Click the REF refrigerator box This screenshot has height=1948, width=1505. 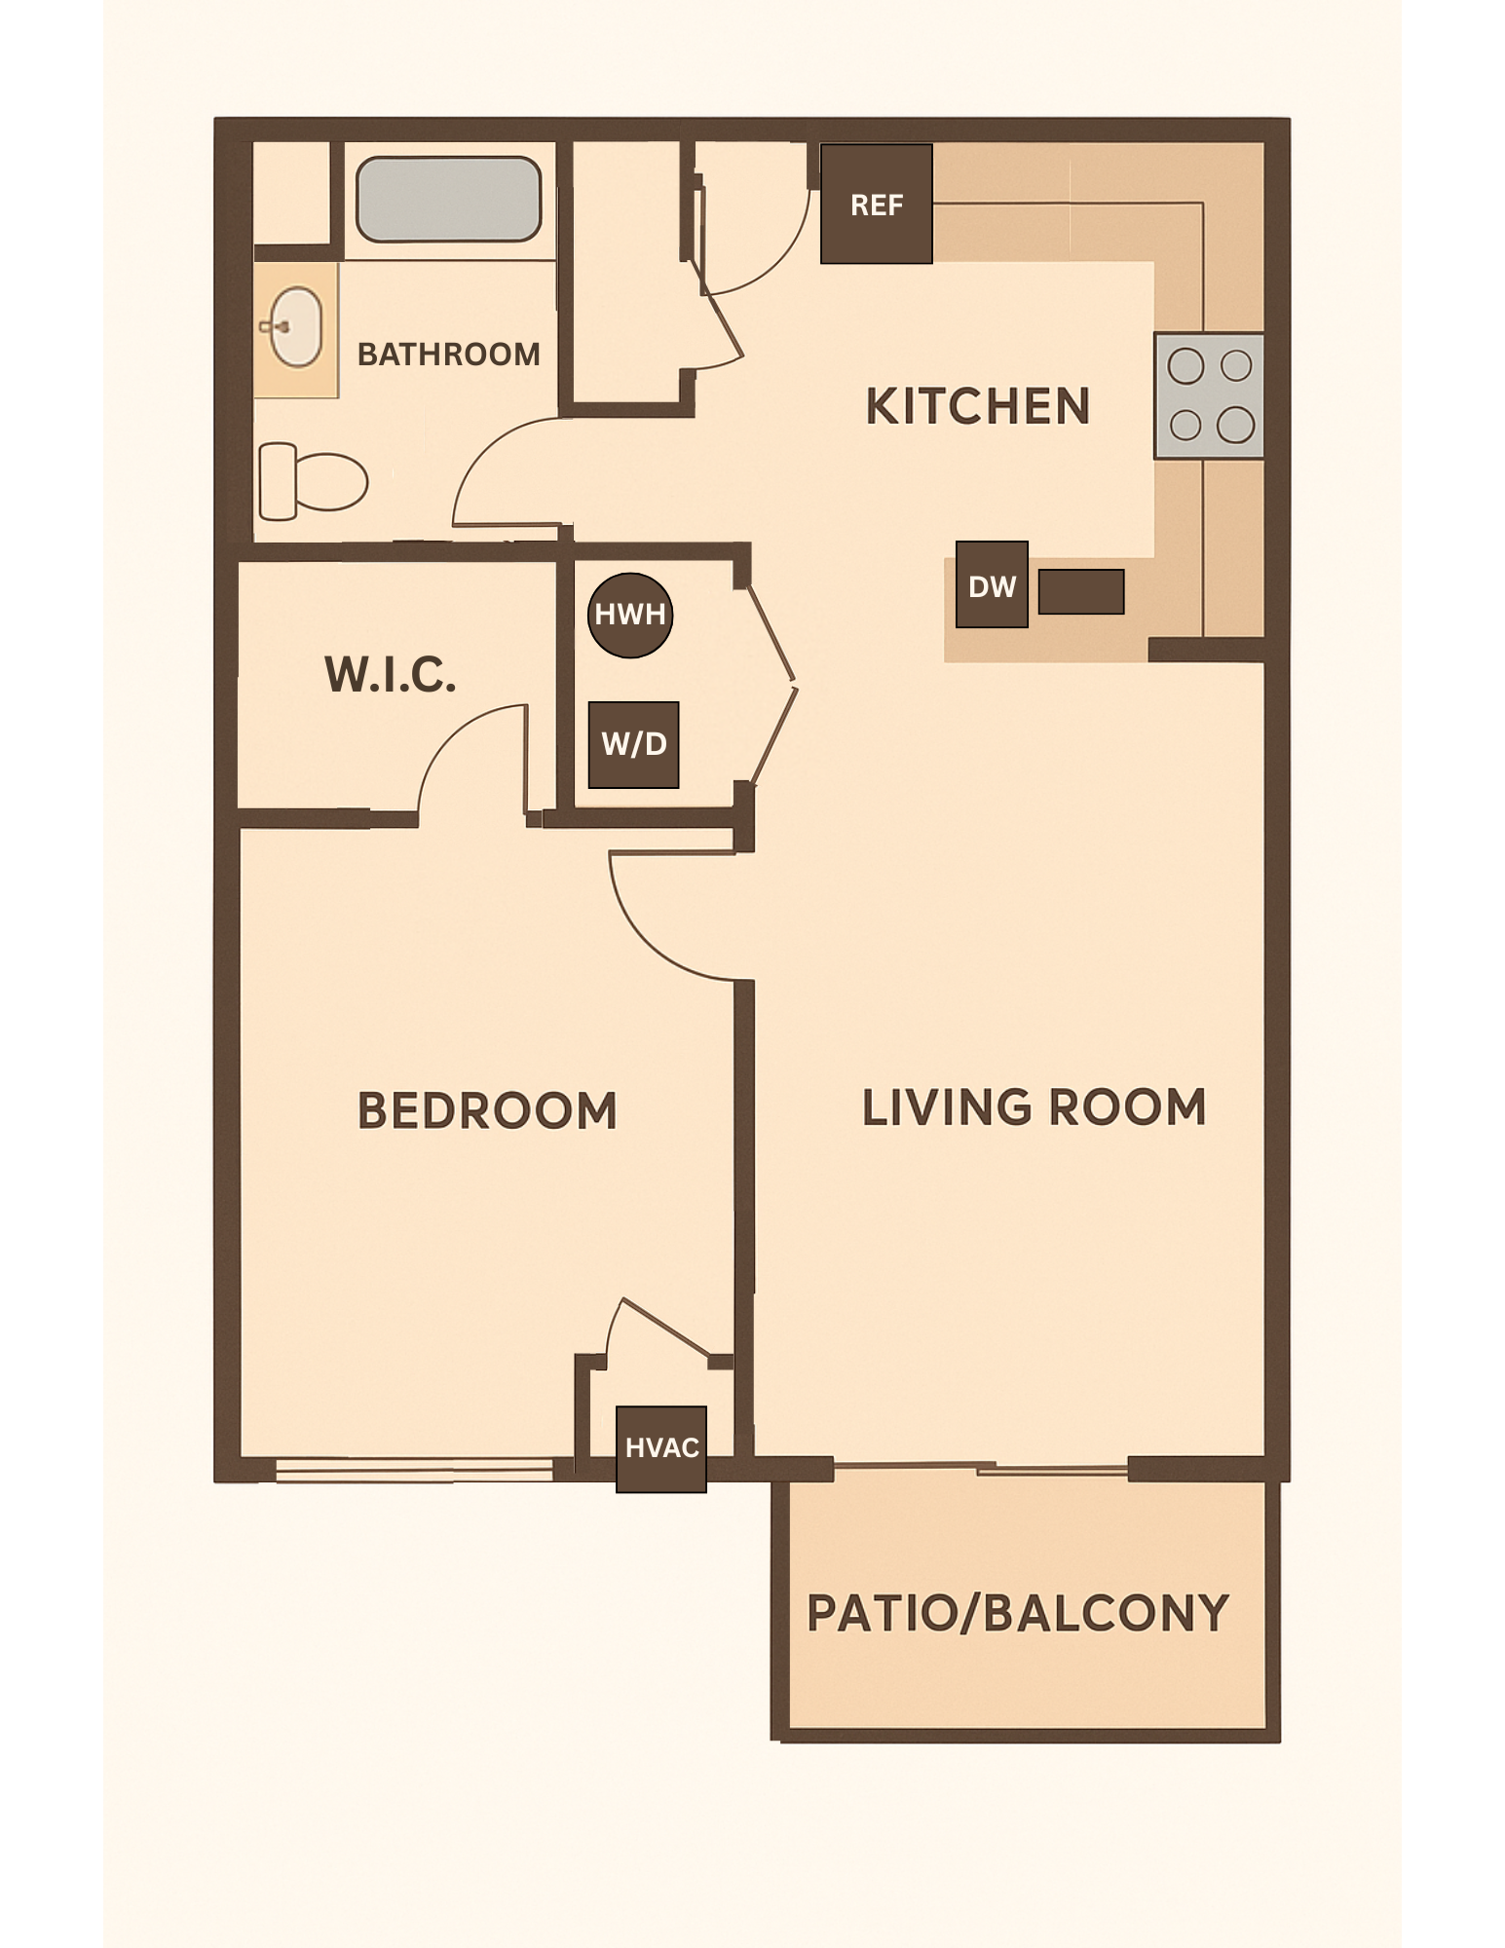pyautogui.click(x=876, y=205)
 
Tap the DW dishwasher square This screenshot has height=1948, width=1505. pyautogui.click(x=992, y=584)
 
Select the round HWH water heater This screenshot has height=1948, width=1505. pyautogui.click(x=630, y=615)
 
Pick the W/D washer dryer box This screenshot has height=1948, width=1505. pyautogui.click(x=633, y=745)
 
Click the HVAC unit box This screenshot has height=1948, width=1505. pyautogui.click(x=661, y=1448)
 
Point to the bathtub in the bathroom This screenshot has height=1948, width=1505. pyautogui.click(x=448, y=199)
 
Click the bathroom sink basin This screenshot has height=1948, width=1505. pyautogui.click(x=295, y=327)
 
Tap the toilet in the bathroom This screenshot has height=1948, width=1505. pyautogui.click(x=312, y=481)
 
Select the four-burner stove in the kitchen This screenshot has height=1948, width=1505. pyautogui.click(x=1209, y=395)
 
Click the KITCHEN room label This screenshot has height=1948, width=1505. pyautogui.click(x=977, y=406)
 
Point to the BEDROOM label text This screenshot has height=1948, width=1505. pyautogui.click(x=487, y=1110)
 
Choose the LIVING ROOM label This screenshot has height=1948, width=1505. pyautogui.click(x=1034, y=1107)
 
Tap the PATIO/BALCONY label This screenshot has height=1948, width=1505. pyautogui.click(x=1018, y=1613)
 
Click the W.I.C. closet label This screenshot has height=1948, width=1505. pyautogui.click(x=390, y=674)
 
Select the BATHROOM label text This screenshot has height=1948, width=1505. pyautogui.click(x=448, y=354)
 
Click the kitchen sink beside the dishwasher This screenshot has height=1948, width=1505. pyautogui.click(x=1081, y=591)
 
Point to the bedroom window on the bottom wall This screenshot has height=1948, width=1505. pyautogui.click(x=414, y=1469)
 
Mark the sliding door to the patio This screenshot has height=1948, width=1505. pyautogui.click(x=981, y=1466)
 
